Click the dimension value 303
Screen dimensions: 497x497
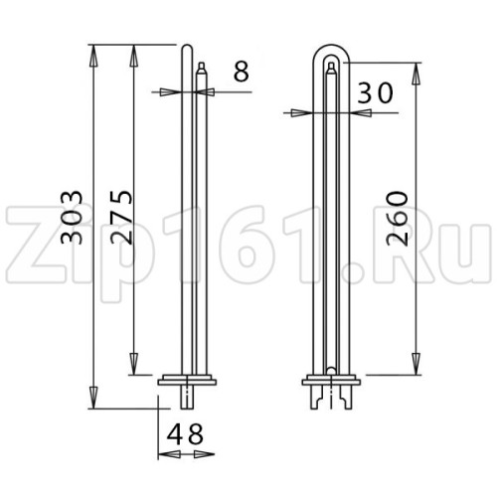click(x=72, y=218)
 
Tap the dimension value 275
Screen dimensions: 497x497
click(x=121, y=218)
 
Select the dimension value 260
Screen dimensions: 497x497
click(x=398, y=218)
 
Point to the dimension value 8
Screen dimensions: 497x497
click(x=241, y=72)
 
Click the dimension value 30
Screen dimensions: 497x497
click(x=376, y=93)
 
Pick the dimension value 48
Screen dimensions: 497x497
click(x=185, y=433)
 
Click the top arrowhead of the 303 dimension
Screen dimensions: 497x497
click(x=93, y=56)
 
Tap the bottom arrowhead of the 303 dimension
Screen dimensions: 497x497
click(x=93, y=398)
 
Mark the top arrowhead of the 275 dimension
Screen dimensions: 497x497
click(x=133, y=56)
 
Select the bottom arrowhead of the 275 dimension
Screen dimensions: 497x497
click(x=133, y=364)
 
